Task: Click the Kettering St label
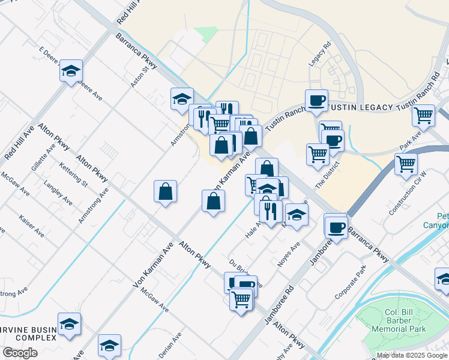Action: pos(73,173)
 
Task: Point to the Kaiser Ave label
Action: pos(31,224)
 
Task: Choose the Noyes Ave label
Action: pos(288,255)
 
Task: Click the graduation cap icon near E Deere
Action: pos(71,72)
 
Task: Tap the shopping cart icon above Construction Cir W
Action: pos(406,163)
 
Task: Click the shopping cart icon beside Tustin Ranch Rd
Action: pos(424,114)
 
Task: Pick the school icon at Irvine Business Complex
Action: pos(70,324)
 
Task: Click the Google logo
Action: pos(20,353)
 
